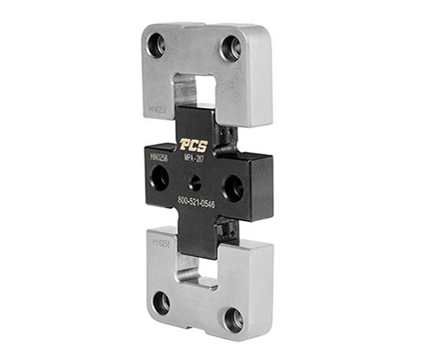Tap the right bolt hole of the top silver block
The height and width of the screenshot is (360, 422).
231,48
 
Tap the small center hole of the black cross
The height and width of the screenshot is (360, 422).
196,183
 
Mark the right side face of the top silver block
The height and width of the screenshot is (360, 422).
265,84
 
